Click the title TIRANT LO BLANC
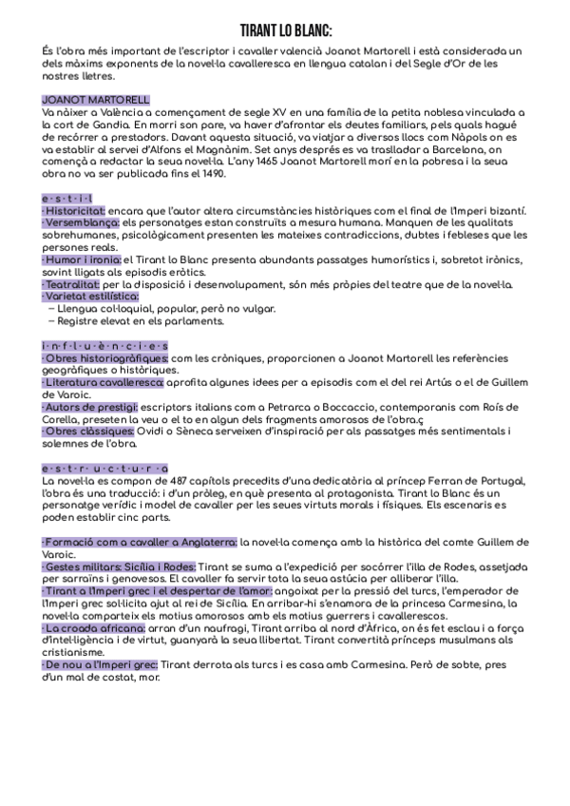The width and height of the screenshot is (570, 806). coord(285,29)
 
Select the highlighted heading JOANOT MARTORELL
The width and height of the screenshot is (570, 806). coord(96,99)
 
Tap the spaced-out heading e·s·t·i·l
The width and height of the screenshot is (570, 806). coord(67,197)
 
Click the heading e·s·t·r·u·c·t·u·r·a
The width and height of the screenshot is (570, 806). coord(104,469)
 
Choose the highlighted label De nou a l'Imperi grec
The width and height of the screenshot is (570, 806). coord(100,665)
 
